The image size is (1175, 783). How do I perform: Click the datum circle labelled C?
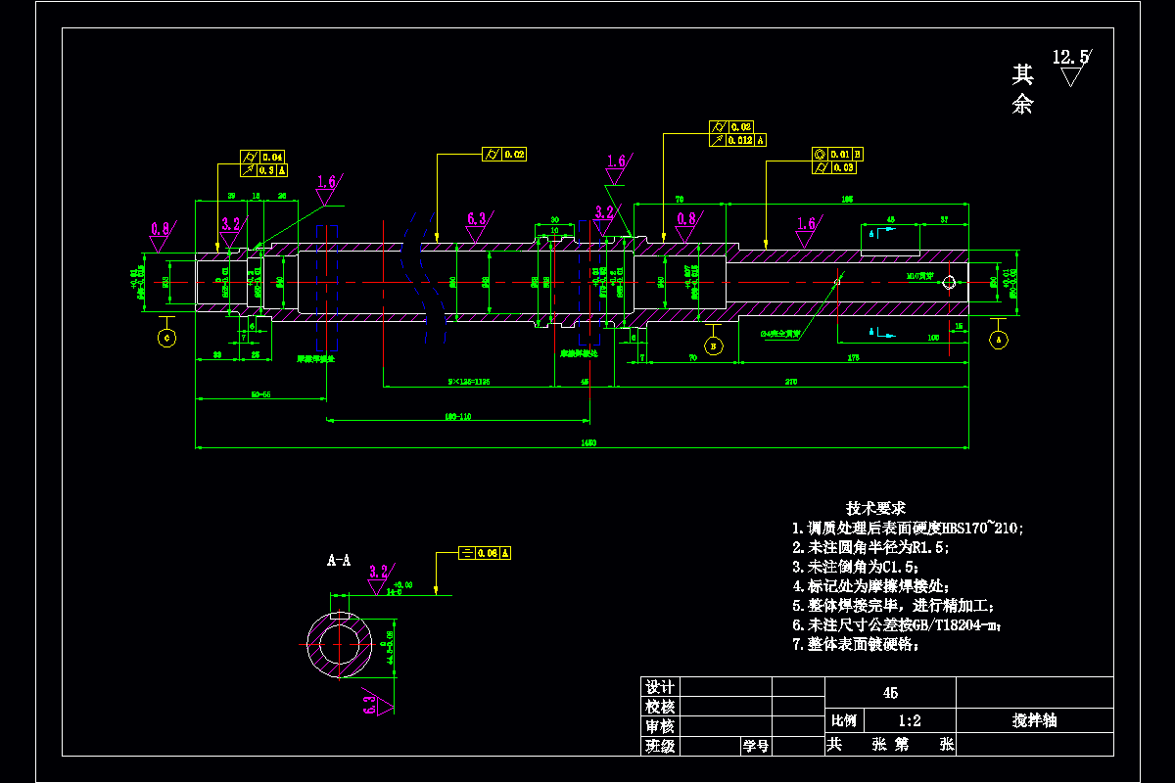coord(166,338)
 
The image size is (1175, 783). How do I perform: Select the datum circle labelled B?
coord(714,345)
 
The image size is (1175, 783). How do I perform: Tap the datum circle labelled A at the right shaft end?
coord(999,340)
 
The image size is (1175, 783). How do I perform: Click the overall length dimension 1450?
coord(588,442)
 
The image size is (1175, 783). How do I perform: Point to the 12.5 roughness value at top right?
coord(1069,58)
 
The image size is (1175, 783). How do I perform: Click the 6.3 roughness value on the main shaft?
coord(476,218)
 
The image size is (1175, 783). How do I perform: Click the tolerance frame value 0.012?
coord(739,140)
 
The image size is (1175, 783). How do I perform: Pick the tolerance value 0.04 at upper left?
coord(271,157)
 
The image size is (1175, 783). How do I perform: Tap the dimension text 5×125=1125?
coord(469,380)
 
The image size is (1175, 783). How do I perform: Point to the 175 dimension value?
coord(854,358)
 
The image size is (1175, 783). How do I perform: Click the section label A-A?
coord(339,561)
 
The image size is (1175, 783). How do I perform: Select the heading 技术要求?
coord(875,508)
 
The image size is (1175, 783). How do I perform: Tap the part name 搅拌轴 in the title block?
coord(1034,721)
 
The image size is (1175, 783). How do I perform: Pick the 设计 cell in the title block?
coord(659,687)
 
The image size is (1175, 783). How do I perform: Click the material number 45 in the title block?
coord(890,693)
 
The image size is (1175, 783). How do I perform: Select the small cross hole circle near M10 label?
coord(948,284)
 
